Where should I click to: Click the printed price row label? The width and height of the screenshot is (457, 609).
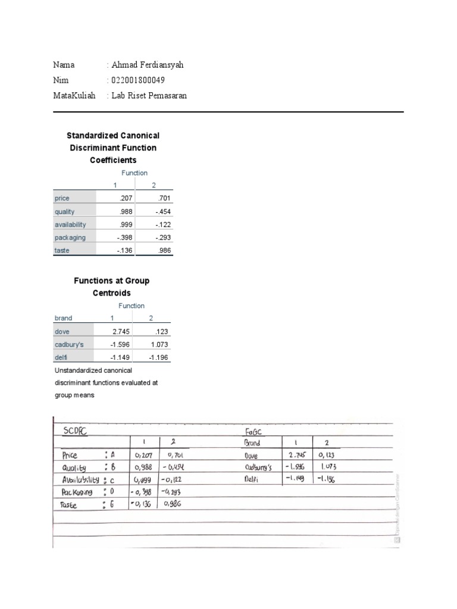pos(62,199)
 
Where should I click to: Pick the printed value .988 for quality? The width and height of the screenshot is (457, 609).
pos(126,212)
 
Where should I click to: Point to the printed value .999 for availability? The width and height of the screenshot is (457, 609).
pos(126,225)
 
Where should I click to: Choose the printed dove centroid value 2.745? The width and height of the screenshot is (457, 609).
pos(121,331)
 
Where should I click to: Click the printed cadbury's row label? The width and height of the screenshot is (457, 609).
pos(69,344)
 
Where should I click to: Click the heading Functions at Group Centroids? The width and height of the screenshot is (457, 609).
pos(111,287)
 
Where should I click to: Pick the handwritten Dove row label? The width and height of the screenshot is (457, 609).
pos(253,456)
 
